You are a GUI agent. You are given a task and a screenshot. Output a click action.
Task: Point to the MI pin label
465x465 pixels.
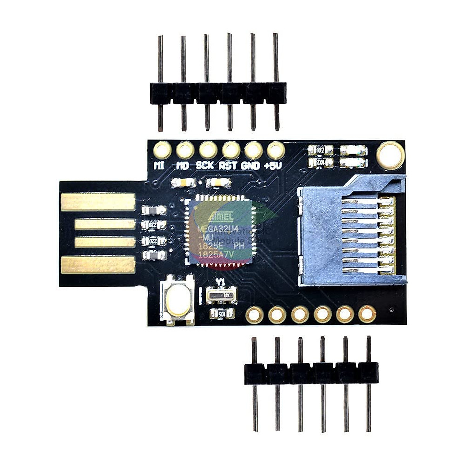(160, 166)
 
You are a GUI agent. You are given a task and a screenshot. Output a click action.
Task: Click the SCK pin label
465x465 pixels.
(205, 165)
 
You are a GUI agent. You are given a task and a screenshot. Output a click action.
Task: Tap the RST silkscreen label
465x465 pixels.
(229, 166)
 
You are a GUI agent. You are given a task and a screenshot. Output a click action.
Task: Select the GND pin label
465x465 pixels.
(251, 166)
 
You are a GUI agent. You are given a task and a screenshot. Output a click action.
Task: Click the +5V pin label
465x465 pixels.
(273, 166)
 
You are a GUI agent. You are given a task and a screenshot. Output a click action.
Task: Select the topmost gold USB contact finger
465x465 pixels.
(98, 202)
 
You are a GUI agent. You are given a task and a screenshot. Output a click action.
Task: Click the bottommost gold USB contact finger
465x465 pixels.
(98, 264)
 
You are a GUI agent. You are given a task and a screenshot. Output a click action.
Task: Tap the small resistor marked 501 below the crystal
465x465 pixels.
(222, 313)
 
